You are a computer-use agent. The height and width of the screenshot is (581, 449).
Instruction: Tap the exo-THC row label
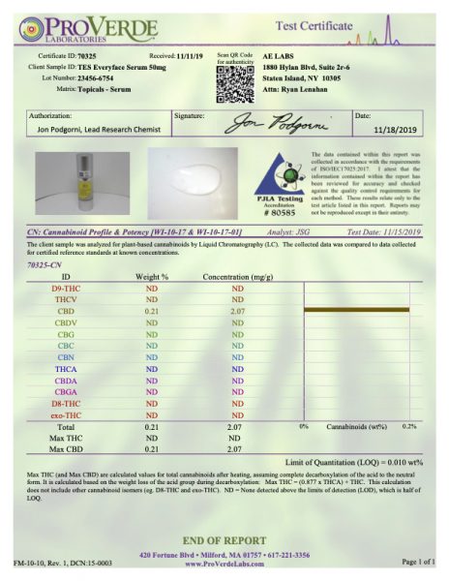[x=66, y=413]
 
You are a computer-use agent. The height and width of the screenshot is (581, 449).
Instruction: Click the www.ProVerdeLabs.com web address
[x=225, y=563]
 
